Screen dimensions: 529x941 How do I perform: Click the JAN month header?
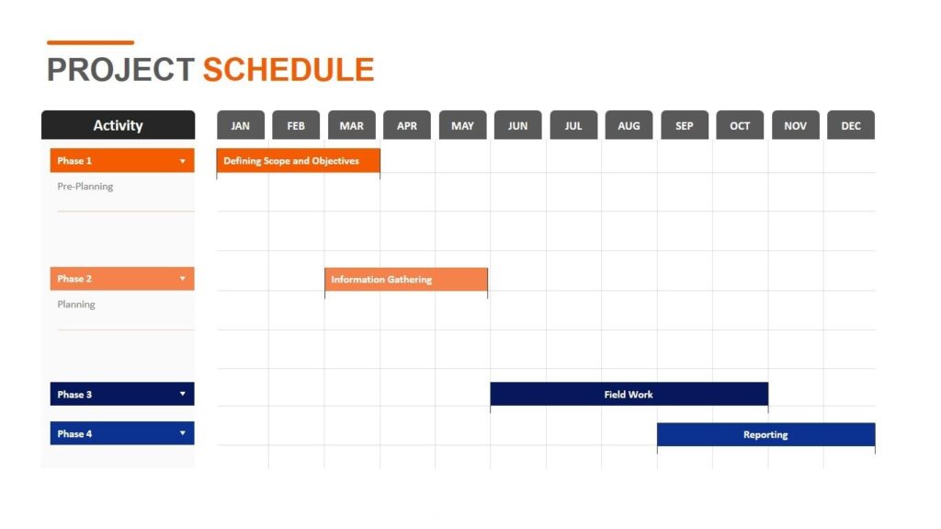tap(241, 126)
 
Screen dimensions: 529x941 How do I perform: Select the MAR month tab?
tap(351, 126)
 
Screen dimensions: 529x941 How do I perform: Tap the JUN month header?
tap(517, 126)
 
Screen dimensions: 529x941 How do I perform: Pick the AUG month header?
tap(629, 126)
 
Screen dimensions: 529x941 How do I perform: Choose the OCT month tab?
tap(740, 126)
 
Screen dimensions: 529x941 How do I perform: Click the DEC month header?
tap(851, 126)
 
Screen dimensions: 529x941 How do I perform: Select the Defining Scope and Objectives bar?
tap(298, 161)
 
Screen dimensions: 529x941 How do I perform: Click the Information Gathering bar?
tap(405, 280)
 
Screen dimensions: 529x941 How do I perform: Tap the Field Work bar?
tap(629, 395)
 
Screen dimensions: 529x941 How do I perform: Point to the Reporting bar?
tap(765, 435)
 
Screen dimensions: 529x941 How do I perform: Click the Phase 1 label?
tap(75, 161)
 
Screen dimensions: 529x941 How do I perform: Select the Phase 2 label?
tap(75, 279)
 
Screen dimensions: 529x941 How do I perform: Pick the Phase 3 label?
tap(75, 395)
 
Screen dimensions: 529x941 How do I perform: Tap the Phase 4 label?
tap(75, 434)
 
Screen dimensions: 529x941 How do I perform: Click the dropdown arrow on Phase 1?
tap(182, 162)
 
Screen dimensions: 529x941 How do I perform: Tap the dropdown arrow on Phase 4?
tap(182, 434)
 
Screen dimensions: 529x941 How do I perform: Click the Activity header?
tap(118, 126)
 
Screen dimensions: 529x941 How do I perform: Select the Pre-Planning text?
tap(85, 187)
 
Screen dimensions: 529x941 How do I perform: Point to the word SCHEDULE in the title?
tap(289, 70)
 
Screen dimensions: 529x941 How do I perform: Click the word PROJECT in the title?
tap(120, 70)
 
